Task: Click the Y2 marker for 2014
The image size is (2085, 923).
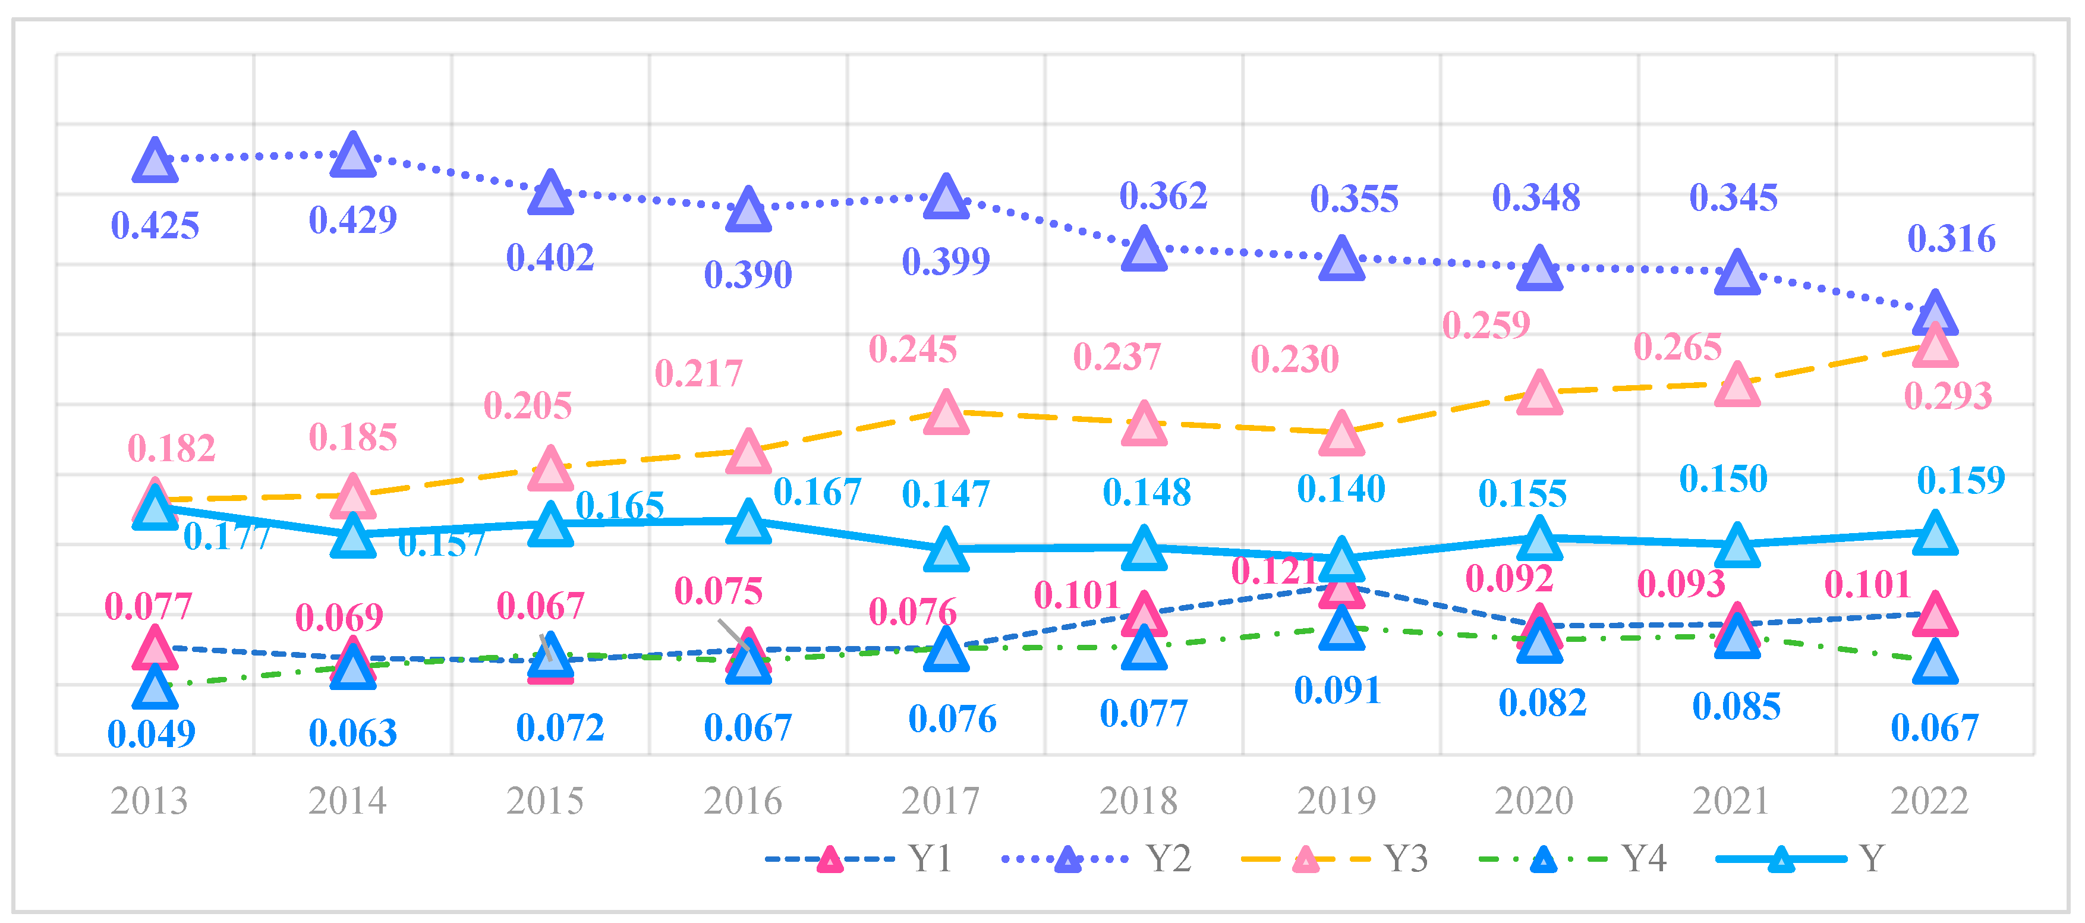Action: (353, 156)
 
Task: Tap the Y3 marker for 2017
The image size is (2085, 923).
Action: (946, 413)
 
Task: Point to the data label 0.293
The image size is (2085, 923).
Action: (1947, 396)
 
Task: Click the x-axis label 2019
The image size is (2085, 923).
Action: (1336, 801)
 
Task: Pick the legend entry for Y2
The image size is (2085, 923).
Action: (1097, 858)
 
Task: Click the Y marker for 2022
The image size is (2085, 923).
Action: (1935, 534)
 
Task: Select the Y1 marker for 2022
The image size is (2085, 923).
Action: (1935, 615)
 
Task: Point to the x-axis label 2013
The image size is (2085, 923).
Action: (149, 801)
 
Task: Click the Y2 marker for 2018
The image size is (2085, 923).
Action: (1144, 250)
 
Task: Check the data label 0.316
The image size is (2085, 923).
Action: (1951, 239)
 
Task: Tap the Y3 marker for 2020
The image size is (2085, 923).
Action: (1539, 394)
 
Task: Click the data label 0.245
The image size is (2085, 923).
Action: (912, 350)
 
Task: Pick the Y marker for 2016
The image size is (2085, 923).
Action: (748, 522)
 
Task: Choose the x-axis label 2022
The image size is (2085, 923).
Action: (1929, 801)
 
